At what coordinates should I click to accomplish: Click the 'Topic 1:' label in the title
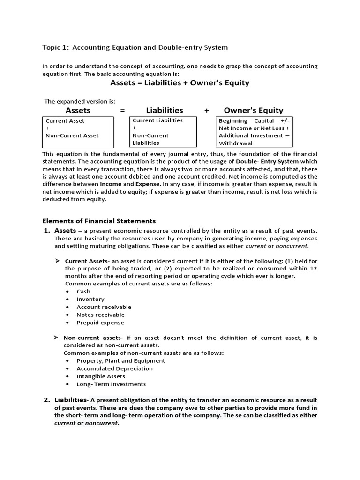pos(56,47)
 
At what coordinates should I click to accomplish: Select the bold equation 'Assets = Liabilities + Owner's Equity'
pos(180,83)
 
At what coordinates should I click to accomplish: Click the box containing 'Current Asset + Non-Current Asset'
pos(78,132)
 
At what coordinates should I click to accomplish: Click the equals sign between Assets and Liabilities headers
pos(122,111)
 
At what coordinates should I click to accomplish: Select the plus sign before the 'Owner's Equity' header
pos(206,111)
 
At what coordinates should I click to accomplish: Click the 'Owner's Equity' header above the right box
pos(253,111)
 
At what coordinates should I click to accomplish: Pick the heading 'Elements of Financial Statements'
pos(99,221)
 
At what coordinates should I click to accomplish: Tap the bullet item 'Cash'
pos(83,291)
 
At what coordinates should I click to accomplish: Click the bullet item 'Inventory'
pos(90,299)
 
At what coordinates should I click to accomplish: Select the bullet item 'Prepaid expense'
pos(100,322)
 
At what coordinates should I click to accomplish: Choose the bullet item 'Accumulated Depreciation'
pos(114,368)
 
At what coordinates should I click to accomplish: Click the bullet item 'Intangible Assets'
pos(101,376)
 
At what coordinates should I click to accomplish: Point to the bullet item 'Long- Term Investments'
pos(111,384)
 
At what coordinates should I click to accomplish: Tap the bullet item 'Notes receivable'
pos(100,315)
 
